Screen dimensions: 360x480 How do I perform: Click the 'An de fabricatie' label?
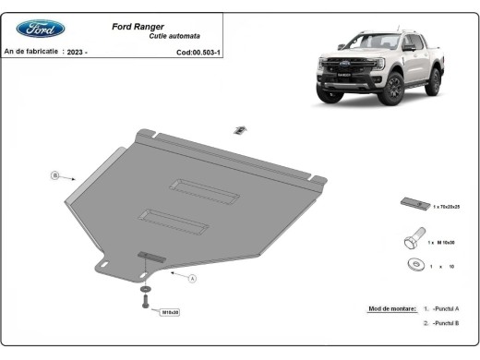click(31, 53)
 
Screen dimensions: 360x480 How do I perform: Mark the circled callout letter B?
click(55, 174)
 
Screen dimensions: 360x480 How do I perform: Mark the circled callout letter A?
click(193, 278)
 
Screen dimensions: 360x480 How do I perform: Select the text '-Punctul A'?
click(445, 309)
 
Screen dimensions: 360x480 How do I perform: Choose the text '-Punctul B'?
click(445, 324)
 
